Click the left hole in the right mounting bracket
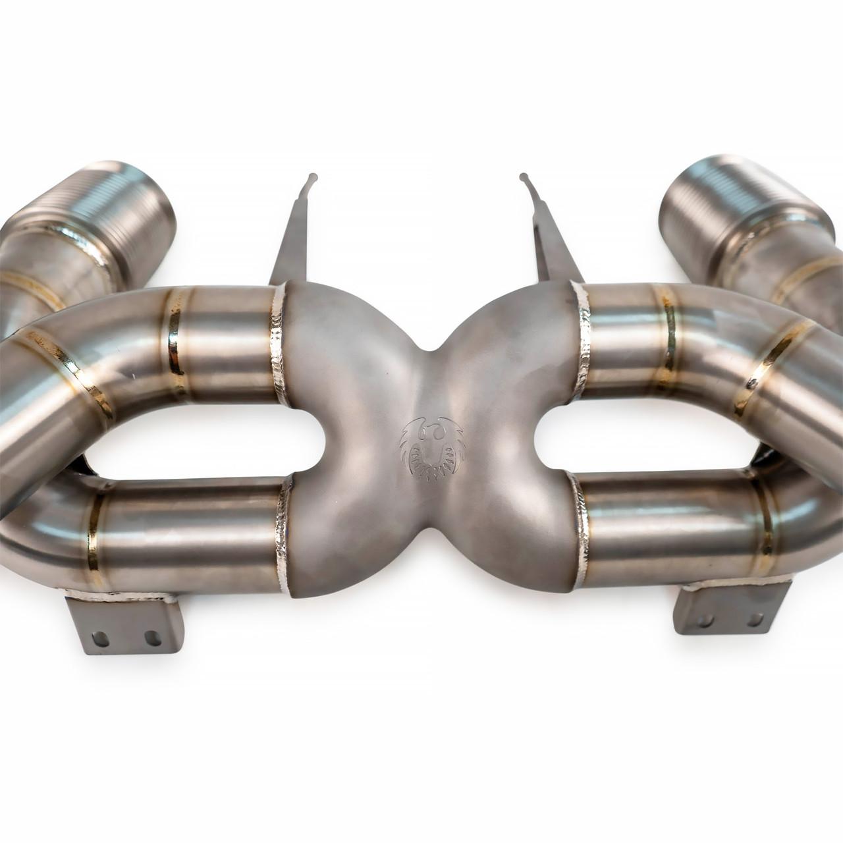(706, 620)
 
